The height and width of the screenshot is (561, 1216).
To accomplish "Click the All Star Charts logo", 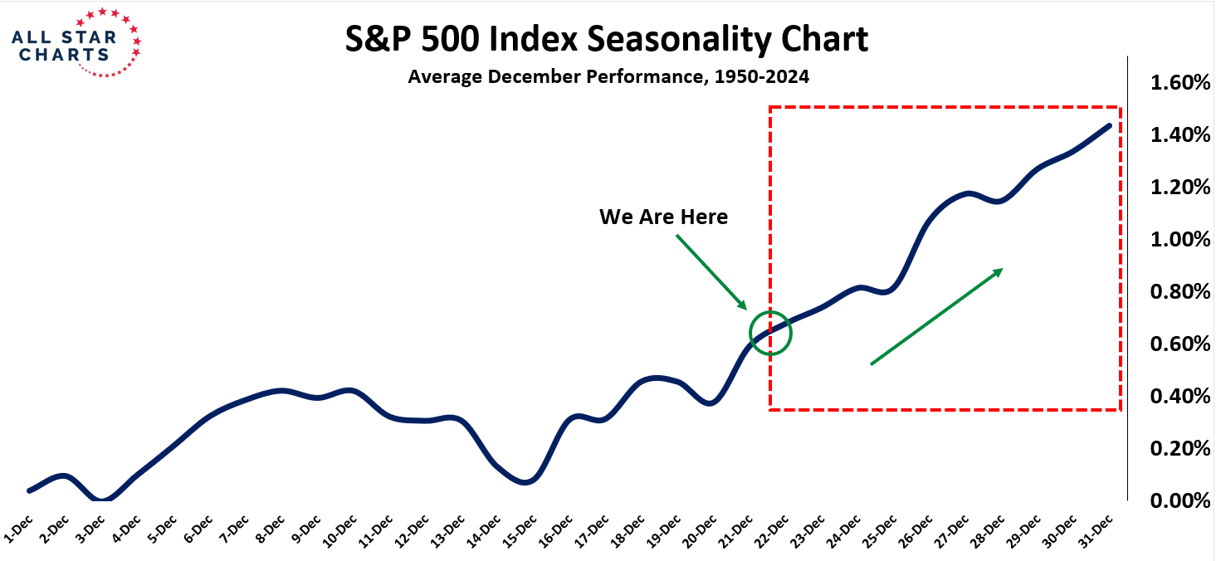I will click(76, 42).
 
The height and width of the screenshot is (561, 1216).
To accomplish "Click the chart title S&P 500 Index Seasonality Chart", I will click(607, 39).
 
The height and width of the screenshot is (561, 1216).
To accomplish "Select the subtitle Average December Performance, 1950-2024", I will click(608, 77).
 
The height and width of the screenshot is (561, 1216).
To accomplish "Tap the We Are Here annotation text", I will click(663, 217).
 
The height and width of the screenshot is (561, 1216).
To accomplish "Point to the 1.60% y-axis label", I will click(1179, 83).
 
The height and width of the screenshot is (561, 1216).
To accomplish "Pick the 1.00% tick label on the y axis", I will click(1179, 240).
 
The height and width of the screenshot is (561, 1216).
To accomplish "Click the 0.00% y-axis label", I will click(1179, 500).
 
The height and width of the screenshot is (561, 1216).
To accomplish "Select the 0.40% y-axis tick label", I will click(1179, 396).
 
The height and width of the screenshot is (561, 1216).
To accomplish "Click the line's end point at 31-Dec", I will click(1109, 126).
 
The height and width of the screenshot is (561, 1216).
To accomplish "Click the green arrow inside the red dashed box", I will click(936, 316).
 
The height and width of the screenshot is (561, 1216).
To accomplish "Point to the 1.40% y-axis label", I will click(1179, 135).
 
